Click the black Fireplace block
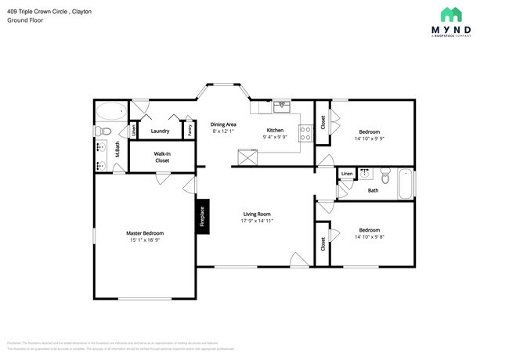point(201,216)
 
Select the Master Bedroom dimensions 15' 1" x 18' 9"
point(145,240)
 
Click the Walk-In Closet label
point(162,157)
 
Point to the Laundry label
point(161,131)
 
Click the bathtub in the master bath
point(110,112)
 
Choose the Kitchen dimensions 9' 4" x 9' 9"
point(275,137)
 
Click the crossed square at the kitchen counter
point(249,157)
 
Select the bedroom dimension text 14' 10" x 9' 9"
point(369,139)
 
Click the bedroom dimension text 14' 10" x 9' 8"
point(369,236)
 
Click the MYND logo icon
point(451,14)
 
